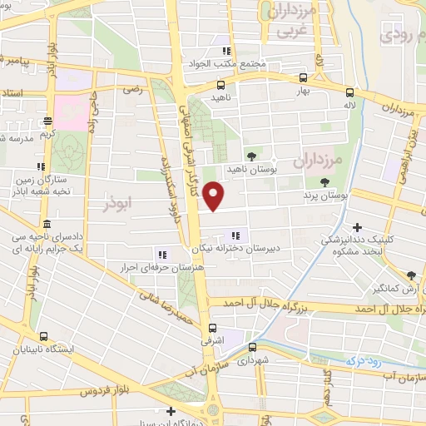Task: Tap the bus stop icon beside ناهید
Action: (x=220, y=85)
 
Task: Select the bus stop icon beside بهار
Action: (x=302, y=79)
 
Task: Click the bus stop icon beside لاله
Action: (x=349, y=94)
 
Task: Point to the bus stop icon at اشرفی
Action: (x=214, y=327)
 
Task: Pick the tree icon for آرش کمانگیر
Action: (x=410, y=275)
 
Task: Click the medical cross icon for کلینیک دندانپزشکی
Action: (x=357, y=226)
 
